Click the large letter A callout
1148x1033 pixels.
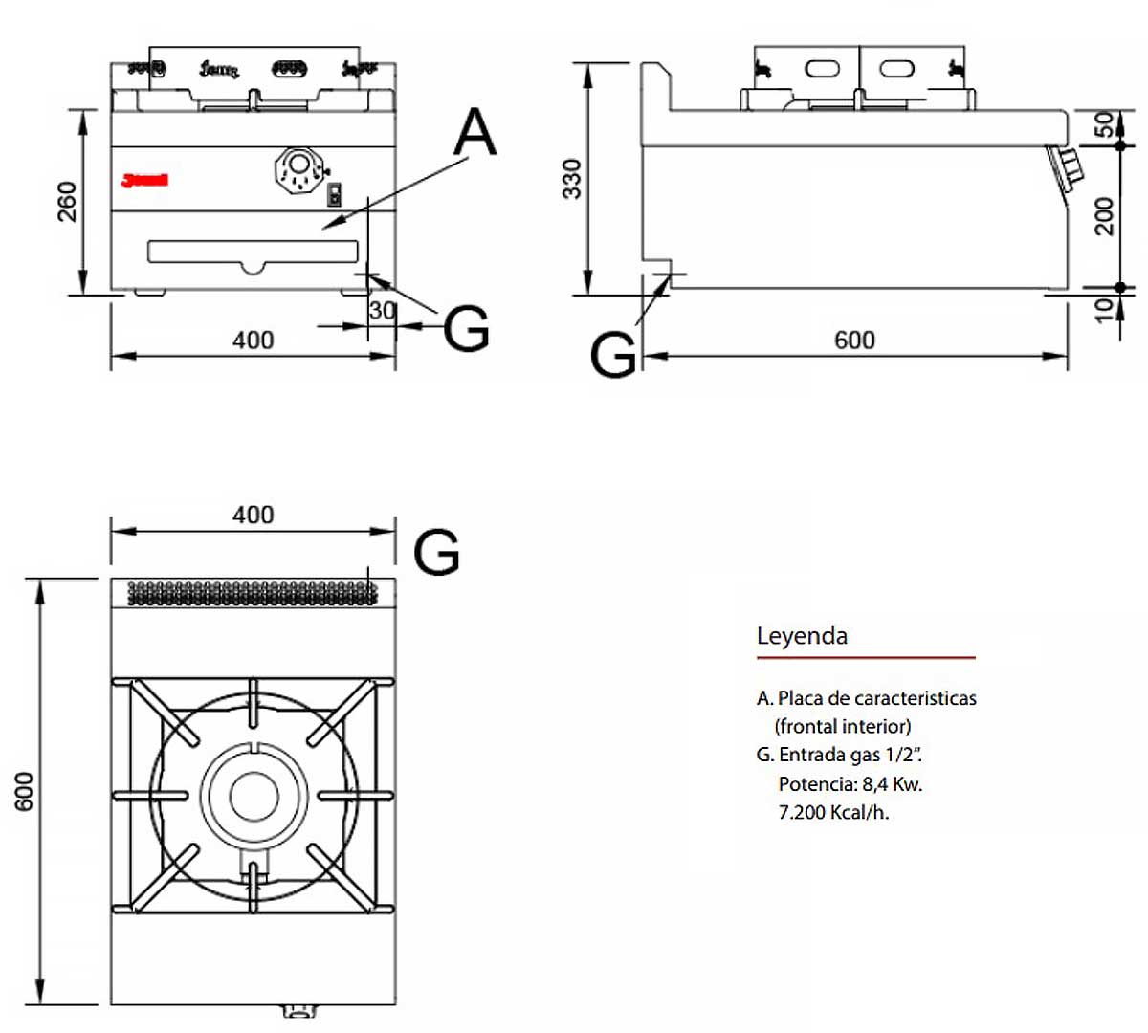coord(475,132)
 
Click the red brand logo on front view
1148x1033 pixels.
coord(144,179)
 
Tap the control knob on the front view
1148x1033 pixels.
coord(299,171)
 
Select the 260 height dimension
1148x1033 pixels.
coord(68,201)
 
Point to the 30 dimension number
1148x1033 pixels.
coord(382,310)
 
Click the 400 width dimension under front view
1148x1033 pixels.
coord(253,340)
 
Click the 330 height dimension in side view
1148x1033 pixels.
coord(571,179)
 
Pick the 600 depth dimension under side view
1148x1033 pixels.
coord(854,341)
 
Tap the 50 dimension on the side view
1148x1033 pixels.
coord(1105,125)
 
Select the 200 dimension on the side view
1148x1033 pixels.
coord(1105,215)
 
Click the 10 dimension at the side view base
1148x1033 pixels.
coord(1105,308)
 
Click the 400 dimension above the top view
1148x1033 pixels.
coord(253,515)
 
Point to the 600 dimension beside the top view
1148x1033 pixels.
coord(25,791)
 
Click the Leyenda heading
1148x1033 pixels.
coord(802,636)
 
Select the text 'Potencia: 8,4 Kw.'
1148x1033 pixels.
coord(850,784)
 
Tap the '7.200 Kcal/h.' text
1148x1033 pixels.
coord(833,813)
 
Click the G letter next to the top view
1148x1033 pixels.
coord(436,552)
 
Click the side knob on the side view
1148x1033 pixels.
coord(1065,166)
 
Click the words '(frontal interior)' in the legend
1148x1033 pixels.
coord(843,726)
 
